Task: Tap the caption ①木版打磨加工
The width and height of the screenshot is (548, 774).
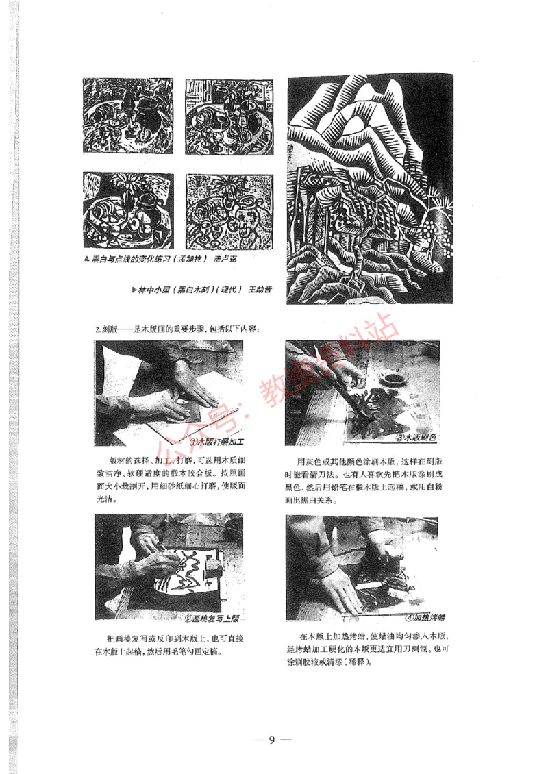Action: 219,442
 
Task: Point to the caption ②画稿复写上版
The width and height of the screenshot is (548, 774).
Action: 212,619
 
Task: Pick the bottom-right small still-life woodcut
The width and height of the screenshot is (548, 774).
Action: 228,210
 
